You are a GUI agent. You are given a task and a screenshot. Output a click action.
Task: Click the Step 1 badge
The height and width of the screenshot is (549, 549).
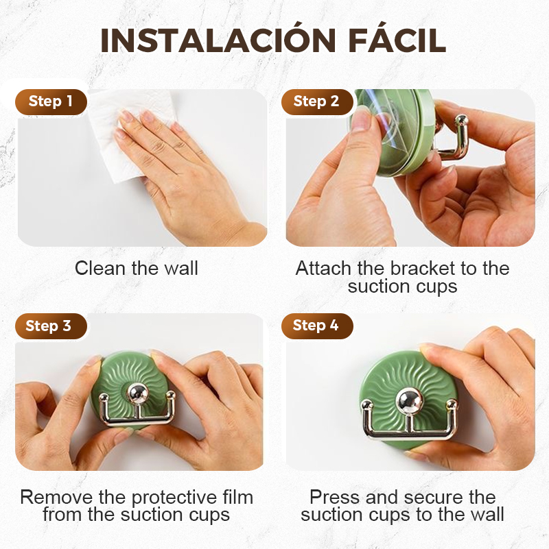tap(51, 102)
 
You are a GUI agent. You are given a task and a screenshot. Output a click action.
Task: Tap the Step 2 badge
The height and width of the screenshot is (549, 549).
tap(317, 102)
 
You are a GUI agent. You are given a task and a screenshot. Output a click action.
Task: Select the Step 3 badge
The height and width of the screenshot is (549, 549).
tap(51, 326)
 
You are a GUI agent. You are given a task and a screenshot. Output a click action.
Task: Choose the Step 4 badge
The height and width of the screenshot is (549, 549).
tap(317, 326)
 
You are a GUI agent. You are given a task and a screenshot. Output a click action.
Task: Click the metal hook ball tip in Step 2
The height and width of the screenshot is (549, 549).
tap(461, 121)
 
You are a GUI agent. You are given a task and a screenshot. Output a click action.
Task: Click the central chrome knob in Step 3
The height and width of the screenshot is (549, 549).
tap(137, 394)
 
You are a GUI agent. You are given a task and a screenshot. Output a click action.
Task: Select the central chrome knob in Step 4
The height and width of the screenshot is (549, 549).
tap(410, 401)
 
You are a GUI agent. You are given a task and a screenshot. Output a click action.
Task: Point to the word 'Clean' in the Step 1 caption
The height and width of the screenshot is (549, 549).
tap(100, 269)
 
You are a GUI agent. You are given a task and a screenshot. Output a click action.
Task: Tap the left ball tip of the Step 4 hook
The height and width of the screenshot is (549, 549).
tap(366, 406)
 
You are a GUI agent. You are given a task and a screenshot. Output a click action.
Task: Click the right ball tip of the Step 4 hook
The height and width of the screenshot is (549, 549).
tap(452, 406)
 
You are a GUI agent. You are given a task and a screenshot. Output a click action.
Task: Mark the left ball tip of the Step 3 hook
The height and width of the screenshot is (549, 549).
tap(104, 397)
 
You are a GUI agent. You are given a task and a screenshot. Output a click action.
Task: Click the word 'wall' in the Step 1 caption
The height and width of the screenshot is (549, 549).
tap(181, 269)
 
